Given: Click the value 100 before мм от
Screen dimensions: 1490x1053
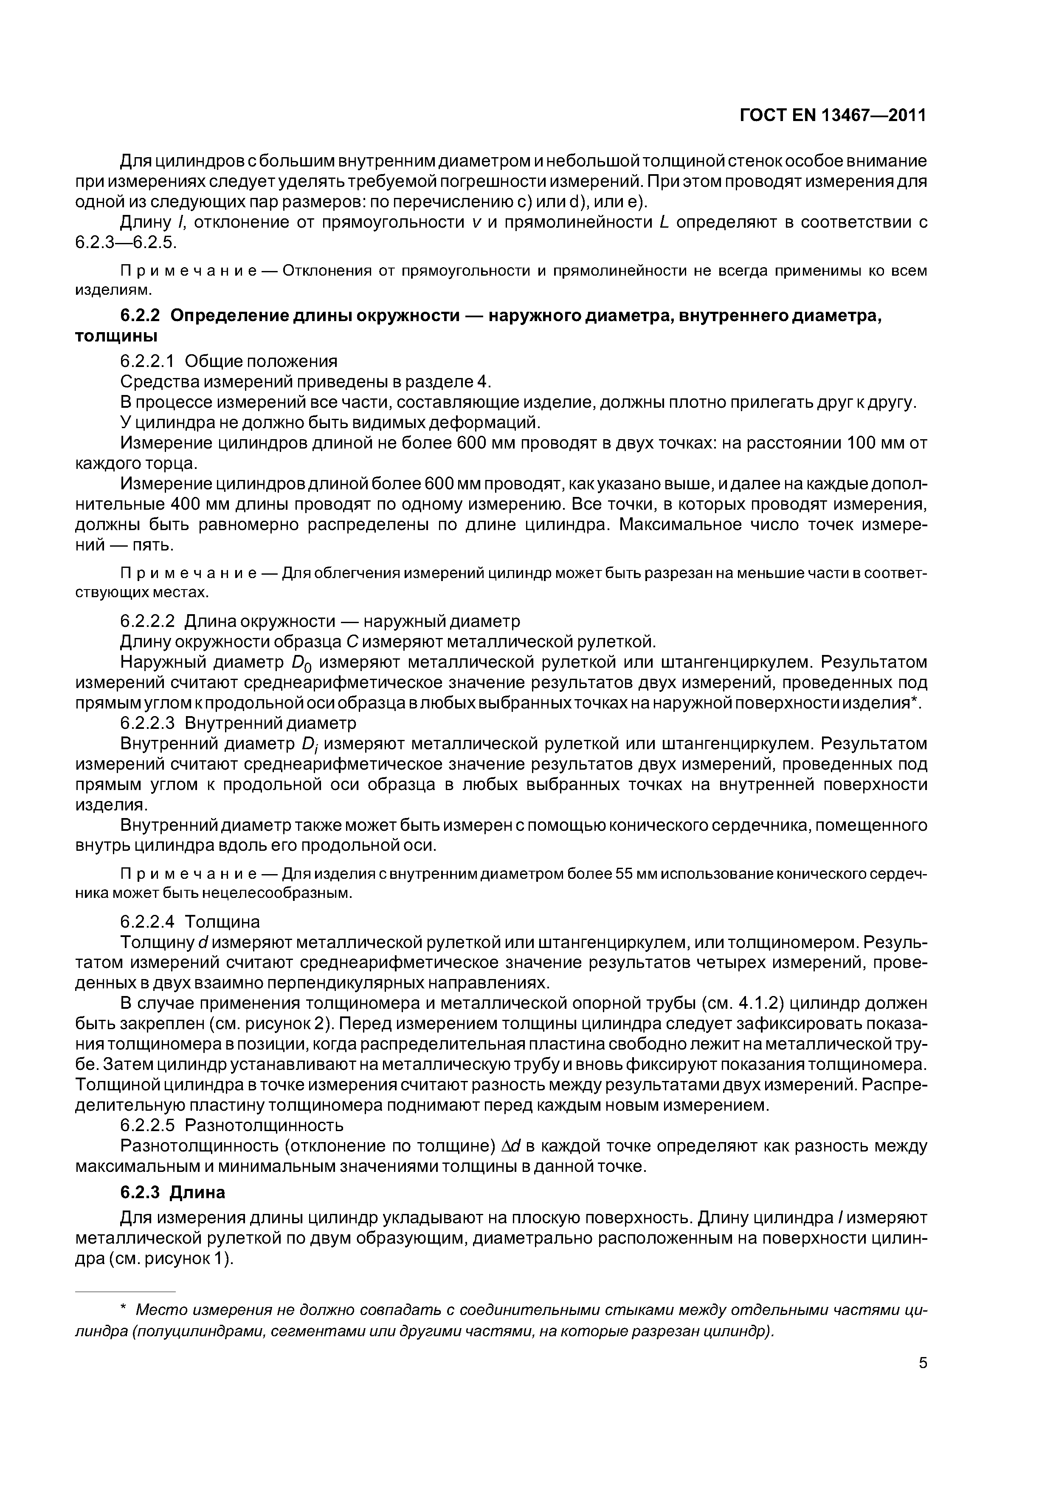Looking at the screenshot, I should (865, 443).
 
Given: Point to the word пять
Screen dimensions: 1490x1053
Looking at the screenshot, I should (152, 546).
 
